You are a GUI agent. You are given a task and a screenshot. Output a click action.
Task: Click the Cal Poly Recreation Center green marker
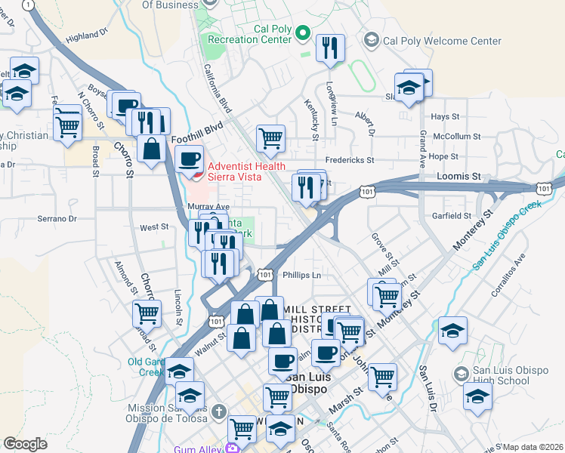coord(302,32)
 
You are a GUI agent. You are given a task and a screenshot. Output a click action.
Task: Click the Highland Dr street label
coord(87,36)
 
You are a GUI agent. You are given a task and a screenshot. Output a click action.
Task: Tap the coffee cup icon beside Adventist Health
coord(189,159)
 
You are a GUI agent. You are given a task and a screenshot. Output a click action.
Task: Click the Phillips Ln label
coord(301,276)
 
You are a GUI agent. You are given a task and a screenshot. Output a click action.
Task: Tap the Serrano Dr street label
coord(57,219)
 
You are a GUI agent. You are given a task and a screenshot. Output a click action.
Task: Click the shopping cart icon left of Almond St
coord(147,312)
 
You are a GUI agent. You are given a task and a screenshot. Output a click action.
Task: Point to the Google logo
coord(25,444)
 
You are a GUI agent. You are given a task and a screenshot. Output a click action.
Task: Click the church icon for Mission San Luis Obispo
coord(218,411)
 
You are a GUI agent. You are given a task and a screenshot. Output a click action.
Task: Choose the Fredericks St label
coord(350,160)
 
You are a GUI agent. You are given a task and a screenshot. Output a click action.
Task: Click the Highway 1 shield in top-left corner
coord(29,5)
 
